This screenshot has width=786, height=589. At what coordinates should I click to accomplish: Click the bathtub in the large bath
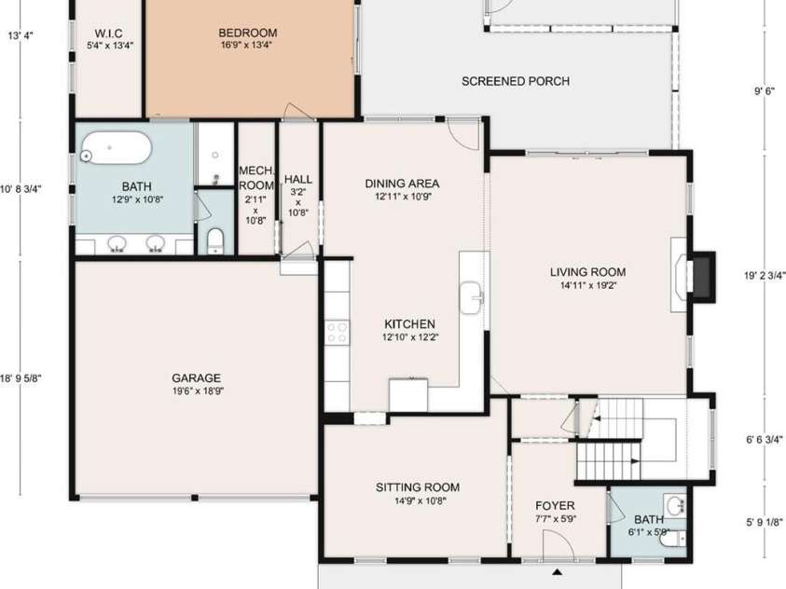click(116, 146)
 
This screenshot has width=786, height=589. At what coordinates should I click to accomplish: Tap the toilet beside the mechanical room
click(214, 240)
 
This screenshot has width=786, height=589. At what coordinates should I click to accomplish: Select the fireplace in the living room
click(701, 277)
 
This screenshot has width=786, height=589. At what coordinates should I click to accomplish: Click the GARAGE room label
click(196, 377)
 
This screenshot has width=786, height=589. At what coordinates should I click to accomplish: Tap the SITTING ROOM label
click(417, 486)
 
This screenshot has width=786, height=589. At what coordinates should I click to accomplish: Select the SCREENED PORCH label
click(516, 81)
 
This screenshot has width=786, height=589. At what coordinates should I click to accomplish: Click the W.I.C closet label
click(110, 32)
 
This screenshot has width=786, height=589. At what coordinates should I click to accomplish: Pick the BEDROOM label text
click(248, 33)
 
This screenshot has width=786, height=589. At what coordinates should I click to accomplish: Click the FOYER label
click(556, 505)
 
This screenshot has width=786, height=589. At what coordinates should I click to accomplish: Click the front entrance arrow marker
click(558, 571)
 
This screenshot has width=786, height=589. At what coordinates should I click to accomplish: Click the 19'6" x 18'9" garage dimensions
click(196, 390)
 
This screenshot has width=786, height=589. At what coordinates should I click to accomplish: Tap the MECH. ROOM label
click(255, 177)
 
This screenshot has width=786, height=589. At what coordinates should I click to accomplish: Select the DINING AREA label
click(402, 184)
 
